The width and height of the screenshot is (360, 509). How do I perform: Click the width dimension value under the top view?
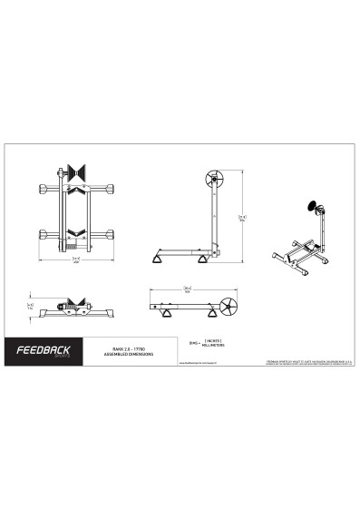tap(76, 259)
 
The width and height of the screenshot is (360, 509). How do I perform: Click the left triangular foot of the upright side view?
tap(162, 260)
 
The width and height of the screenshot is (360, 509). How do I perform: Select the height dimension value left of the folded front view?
tap(31, 307)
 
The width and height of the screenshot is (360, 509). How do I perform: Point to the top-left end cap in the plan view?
tap(43, 189)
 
